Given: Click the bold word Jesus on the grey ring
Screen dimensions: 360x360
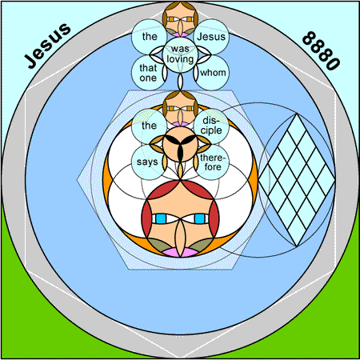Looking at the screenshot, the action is [47, 46].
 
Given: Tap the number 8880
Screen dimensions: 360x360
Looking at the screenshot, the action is [321, 50].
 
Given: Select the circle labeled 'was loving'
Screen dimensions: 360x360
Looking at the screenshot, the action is [180, 54].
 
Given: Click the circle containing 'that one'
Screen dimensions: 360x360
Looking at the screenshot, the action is [149, 73].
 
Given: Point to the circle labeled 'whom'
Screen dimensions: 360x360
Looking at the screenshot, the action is [212, 73].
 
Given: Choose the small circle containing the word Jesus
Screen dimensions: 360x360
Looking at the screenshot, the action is [211, 37].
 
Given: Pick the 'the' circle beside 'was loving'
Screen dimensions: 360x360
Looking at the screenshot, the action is [149, 37].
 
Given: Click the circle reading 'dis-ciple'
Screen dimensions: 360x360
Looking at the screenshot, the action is [211, 126].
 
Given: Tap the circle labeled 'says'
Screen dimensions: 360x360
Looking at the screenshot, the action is [149, 162].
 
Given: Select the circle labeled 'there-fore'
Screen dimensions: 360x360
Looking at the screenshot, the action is [212, 162].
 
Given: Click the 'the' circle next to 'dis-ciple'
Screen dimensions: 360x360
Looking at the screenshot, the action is [149, 126].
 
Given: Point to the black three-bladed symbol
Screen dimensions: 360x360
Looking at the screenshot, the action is [180, 146].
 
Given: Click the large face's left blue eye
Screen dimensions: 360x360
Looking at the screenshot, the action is [161, 218].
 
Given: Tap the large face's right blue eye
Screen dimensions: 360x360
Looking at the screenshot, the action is [200, 218].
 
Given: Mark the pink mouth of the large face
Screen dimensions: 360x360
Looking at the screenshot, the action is [180, 253].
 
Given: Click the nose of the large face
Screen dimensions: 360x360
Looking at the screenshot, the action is [180, 238].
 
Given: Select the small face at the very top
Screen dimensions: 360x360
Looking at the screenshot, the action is [180, 19].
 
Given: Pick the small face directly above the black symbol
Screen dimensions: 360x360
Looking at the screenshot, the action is [180, 109].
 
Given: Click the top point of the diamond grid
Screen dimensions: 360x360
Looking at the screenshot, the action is [297, 114].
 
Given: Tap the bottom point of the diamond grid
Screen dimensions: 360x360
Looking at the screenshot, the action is [297, 246].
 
